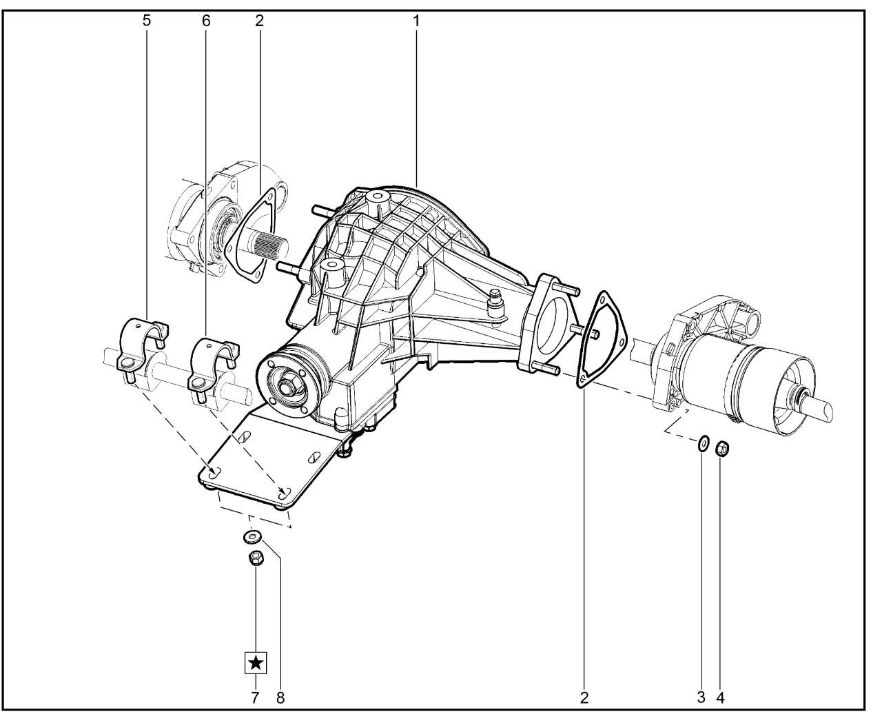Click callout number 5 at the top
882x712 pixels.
[x=147, y=21]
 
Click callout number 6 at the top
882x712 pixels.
[x=206, y=21]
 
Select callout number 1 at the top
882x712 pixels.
[x=416, y=21]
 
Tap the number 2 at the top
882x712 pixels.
[x=259, y=21]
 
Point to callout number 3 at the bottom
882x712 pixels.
[x=701, y=697]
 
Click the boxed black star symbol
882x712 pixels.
[x=256, y=663]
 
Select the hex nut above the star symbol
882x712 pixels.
[x=256, y=558]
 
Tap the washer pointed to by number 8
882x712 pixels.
[x=252, y=537]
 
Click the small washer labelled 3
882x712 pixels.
[x=704, y=444]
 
